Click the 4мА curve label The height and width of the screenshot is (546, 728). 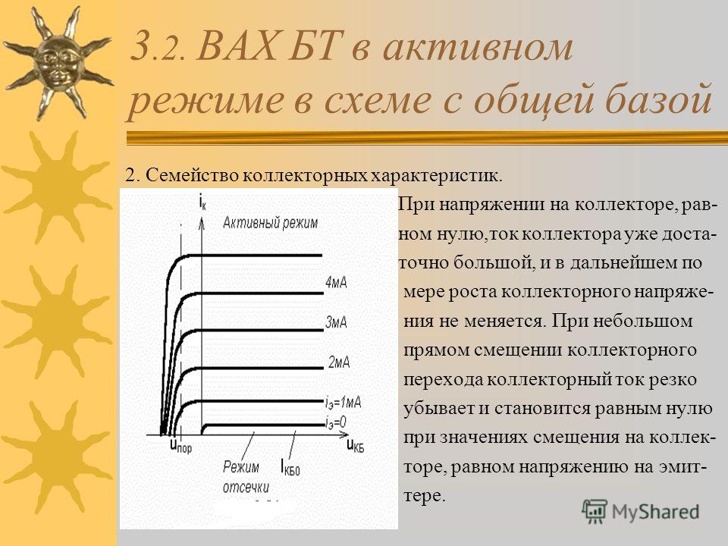(336, 282)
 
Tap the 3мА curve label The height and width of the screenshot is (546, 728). (336, 322)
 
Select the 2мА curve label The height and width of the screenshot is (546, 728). (339, 362)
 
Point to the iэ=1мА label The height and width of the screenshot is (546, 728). (343, 402)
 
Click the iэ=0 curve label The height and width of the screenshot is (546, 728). (336, 422)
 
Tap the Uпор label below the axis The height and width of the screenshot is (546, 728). (180, 446)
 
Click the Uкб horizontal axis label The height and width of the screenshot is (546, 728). (355, 446)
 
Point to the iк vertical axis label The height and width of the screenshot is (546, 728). (202, 202)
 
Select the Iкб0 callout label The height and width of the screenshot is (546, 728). (290, 466)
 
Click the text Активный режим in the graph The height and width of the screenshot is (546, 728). (270, 223)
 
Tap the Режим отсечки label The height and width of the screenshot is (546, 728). (246, 476)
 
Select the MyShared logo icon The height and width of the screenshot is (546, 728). (595, 512)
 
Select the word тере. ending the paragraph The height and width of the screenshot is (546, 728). (425, 496)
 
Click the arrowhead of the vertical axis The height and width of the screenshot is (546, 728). (202, 224)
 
